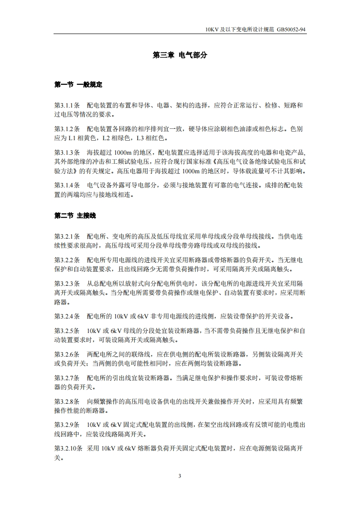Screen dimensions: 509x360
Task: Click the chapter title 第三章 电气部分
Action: pyautogui.click(x=180, y=55)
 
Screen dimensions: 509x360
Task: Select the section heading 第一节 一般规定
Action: pyautogui.click(x=78, y=84)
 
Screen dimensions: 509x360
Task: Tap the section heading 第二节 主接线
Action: pyautogui.click(x=75, y=215)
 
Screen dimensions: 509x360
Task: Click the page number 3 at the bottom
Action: pyautogui.click(x=180, y=476)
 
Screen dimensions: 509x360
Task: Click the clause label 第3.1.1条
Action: pyautogui.click(x=67, y=105)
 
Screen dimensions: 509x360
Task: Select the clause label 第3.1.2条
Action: pyautogui.click(x=67, y=129)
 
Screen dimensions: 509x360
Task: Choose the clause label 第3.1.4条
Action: pyautogui.click(x=67, y=185)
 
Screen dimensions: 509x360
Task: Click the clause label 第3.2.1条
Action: pyautogui.click(x=67, y=236)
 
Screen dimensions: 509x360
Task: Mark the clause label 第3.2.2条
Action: pyautogui.click(x=67, y=259)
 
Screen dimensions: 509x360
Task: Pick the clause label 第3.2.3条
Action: pyautogui.click(x=67, y=283)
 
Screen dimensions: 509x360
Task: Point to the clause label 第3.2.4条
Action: pyautogui.click(x=67, y=316)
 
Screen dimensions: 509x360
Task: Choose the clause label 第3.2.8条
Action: pyautogui.click(x=67, y=401)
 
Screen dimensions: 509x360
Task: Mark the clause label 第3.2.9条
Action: pyautogui.click(x=67, y=425)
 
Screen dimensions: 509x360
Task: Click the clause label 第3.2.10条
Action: pyautogui.click(x=69, y=448)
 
